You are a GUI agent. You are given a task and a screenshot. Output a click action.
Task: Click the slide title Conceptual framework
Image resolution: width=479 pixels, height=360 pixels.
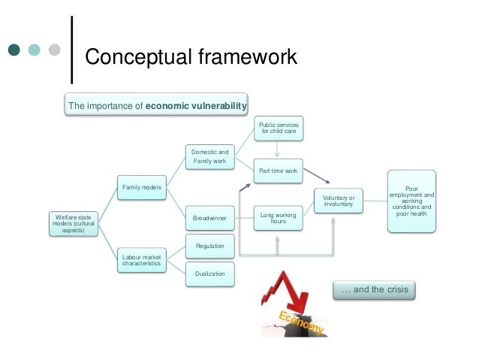pyautogui.click(x=191, y=56)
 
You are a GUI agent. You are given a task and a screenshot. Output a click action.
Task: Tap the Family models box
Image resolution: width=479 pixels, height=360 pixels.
pyautogui.click(x=142, y=186)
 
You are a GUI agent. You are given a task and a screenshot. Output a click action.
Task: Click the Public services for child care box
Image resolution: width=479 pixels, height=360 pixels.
pyautogui.click(x=278, y=128)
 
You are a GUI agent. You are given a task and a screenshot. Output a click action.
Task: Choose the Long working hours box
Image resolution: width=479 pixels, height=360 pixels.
pyautogui.click(x=278, y=217)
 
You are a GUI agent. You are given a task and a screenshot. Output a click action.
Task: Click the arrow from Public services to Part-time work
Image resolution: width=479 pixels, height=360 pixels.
pyautogui.click(x=278, y=149)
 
